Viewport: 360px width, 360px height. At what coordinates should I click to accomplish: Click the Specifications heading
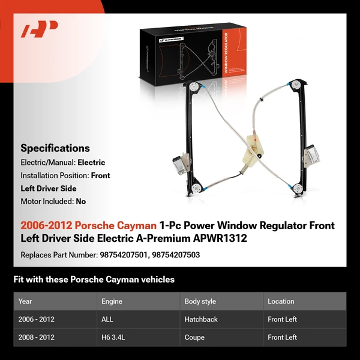click(55, 148)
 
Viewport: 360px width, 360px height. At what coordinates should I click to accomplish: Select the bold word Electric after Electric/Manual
click(91, 162)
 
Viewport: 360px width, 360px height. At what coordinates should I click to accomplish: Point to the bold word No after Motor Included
click(81, 202)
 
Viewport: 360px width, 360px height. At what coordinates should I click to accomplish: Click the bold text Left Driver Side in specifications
click(49, 188)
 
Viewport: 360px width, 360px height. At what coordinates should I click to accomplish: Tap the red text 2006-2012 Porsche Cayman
click(89, 226)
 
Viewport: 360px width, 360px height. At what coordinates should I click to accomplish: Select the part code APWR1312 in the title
click(220, 238)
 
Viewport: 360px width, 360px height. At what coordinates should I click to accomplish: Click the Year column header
click(25, 301)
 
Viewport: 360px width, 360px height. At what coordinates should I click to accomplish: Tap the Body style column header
click(200, 301)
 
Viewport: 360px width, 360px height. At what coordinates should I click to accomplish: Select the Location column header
click(281, 301)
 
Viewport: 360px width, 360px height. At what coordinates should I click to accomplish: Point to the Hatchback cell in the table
click(201, 319)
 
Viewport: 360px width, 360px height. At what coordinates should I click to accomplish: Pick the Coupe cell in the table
click(194, 337)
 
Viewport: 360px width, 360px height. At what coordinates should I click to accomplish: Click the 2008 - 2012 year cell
click(37, 337)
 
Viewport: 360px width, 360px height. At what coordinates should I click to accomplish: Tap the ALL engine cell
click(107, 319)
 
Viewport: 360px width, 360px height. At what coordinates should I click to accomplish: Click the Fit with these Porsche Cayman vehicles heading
click(94, 280)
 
